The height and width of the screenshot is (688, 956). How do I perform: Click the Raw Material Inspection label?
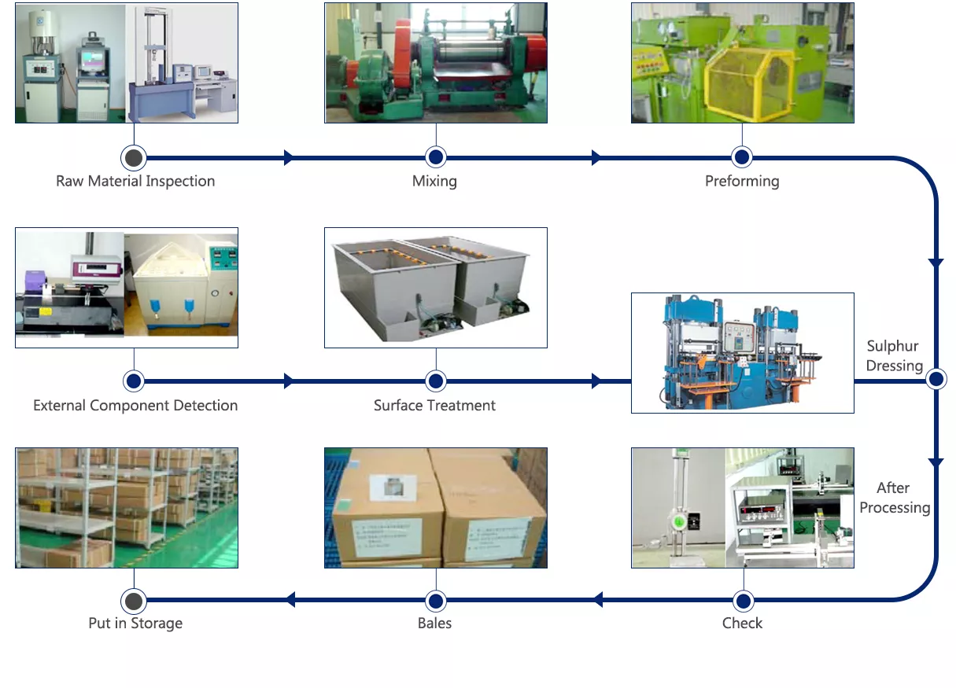tap(135, 182)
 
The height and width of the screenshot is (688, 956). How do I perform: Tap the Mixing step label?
tap(434, 182)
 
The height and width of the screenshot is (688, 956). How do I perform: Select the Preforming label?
tap(742, 182)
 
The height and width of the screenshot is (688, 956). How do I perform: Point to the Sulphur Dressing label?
tap(894, 355)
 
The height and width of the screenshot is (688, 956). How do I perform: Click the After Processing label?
tap(895, 498)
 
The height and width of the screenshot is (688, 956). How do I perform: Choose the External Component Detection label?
tap(135, 405)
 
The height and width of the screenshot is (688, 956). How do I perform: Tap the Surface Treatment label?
tap(434, 405)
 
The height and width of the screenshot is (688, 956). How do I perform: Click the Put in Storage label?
tap(135, 624)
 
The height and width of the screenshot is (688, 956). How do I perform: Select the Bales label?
tap(434, 624)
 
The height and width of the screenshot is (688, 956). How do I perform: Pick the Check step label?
tap(742, 624)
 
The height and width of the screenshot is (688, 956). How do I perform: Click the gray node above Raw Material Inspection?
tap(134, 158)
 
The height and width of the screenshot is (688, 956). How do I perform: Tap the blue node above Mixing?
tap(436, 157)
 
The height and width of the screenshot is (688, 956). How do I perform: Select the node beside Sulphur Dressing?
tap(936, 379)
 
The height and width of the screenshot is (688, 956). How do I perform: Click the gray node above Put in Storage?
tap(134, 602)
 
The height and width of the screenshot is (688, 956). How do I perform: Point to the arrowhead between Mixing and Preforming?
tap(596, 157)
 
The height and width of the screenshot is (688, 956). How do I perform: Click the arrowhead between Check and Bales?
tap(598, 599)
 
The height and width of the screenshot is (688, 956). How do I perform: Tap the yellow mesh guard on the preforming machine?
tap(750, 84)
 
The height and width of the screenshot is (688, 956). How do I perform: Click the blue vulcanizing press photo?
tap(743, 353)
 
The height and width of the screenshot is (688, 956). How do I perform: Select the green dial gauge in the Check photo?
tap(677, 521)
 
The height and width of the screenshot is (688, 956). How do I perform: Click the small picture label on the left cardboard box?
tap(393, 487)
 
